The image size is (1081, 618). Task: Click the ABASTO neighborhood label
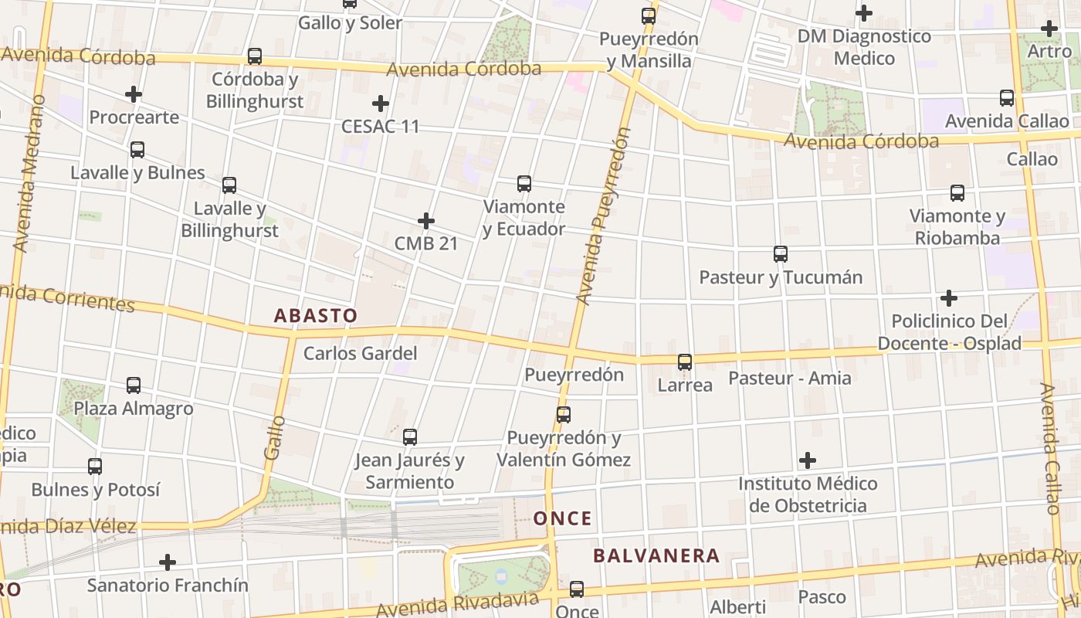pos(316,315)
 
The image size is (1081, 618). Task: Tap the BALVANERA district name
pos(656,555)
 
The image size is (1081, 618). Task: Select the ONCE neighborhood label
pos(562,518)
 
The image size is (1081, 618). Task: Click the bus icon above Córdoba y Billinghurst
pos(254,56)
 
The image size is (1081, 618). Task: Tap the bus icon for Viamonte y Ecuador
pos(524,184)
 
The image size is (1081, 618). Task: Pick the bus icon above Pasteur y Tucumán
pos(781,254)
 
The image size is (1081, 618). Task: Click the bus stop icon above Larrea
pos(685,362)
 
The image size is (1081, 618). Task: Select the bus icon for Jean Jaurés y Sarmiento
pos(410,437)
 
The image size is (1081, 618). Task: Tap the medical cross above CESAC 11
pos(381,104)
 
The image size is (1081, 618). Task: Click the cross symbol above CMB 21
pos(426,222)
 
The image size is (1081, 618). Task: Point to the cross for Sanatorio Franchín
pos(168,562)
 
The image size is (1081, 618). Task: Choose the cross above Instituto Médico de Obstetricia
pos(808,461)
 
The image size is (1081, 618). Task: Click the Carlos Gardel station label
pos(360,354)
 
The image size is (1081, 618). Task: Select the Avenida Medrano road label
pos(29,174)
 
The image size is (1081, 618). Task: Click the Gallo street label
pos(274,438)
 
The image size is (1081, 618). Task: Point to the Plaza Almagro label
pos(134,408)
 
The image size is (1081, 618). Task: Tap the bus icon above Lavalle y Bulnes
pos(137,150)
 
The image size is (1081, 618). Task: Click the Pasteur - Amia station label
pos(790,378)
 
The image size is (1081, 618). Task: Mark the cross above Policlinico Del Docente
pos(949,298)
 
